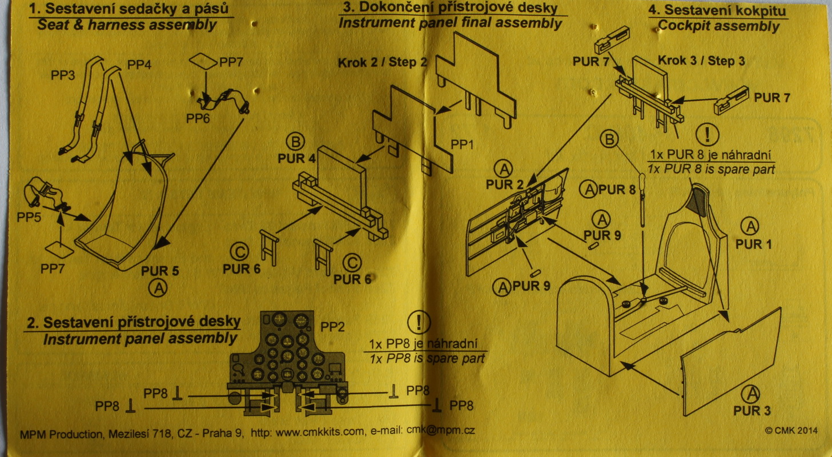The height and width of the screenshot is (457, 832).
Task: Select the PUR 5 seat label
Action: coord(160,271)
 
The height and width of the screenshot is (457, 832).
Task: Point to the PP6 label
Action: coord(198,118)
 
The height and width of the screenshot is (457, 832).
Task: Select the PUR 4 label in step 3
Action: coord(296,159)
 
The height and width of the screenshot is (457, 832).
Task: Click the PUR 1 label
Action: coord(753,244)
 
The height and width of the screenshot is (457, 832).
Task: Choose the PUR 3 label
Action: coord(752,411)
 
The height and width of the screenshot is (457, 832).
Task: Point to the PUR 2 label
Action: coord(505,185)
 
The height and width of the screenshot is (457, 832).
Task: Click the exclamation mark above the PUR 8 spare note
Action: coord(707,134)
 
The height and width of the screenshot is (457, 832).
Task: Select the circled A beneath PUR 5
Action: coord(159,288)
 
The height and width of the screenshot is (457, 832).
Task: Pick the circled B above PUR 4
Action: coord(298,142)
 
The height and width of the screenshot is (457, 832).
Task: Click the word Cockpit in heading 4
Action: coord(684,26)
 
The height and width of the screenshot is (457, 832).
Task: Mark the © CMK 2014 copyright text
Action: coord(790,430)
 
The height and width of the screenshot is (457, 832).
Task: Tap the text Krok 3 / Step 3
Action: coord(701,61)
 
